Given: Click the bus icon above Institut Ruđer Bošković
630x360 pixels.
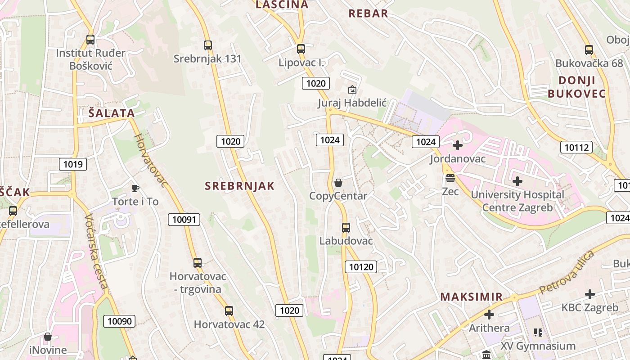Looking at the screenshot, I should coord(90,40).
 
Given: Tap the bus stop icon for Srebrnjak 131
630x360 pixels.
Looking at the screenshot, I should coord(207,45).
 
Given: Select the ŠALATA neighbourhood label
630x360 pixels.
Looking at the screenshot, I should coord(112,113).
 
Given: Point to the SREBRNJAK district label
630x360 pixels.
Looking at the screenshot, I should coord(239,186).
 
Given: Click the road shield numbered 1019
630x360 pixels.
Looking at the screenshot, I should coord(73,164).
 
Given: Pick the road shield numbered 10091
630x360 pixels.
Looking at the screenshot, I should coord(184,220).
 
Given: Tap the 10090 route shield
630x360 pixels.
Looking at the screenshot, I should coord(120,321).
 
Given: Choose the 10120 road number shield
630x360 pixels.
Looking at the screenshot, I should coord(361,267).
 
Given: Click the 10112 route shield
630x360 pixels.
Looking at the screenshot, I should coord(576,147).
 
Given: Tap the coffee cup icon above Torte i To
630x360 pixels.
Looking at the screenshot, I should coord(135,188).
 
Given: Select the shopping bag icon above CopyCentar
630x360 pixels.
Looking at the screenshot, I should coord(338,183).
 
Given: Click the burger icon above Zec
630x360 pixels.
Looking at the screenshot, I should coord(450,178).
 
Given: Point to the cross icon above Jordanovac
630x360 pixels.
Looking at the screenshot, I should coord(458,145).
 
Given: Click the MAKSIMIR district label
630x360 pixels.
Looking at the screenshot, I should coord(471,297).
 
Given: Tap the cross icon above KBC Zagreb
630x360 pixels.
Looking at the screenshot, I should coord(590,294).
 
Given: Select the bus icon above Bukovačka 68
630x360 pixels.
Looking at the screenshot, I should coord(589,50).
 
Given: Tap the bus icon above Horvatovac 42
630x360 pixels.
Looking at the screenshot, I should coord(229,310).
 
